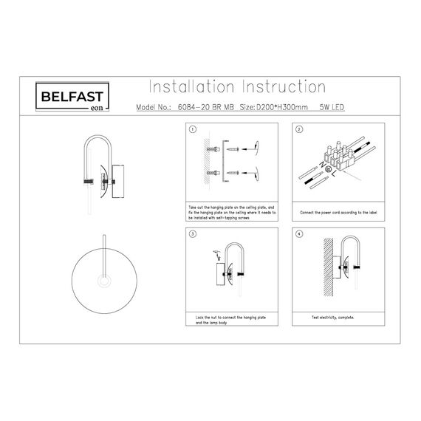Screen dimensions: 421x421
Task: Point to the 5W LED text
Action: pyautogui.click(x=332, y=108)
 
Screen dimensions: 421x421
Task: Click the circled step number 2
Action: pyautogui.click(x=299, y=129)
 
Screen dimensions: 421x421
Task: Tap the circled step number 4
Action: pyautogui.click(x=299, y=234)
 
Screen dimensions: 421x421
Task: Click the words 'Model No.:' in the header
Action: pyautogui.click(x=153, y=108)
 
